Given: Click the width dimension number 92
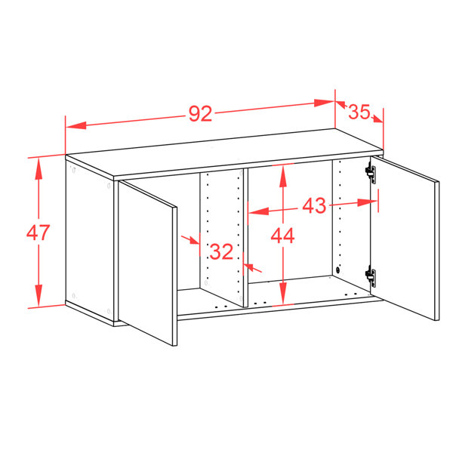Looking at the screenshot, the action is pos(201,113).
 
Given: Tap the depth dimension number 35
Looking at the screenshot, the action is pos(359,112).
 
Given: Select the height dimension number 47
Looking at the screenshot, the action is pos(39,233).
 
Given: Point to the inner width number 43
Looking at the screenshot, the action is pos(314,205).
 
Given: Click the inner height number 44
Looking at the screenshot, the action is pos(282,236).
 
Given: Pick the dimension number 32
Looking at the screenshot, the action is pos(221,251).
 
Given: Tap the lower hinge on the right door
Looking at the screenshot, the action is pos(371,276).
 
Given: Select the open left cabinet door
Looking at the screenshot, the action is pos(148,263).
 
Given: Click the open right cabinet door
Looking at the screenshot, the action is pos(405,238).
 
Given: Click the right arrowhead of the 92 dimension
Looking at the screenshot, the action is pos(325,103).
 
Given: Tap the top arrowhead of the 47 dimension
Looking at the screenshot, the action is pos(39,168).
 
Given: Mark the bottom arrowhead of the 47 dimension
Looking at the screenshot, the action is pos(39,295).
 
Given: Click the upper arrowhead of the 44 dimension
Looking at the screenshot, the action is pos(283,175).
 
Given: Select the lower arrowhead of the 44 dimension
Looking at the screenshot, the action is pos(283,293).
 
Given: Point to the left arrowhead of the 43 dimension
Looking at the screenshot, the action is pos(259,211).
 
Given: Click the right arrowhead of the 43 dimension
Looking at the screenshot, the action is pos(367,202).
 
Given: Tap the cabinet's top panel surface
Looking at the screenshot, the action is pos(224,153).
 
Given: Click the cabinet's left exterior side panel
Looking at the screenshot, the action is pos(90,242).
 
